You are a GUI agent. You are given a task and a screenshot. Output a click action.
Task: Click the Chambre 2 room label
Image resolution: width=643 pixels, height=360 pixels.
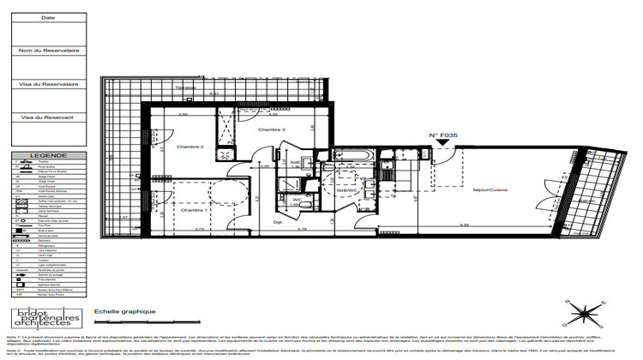point(189,147)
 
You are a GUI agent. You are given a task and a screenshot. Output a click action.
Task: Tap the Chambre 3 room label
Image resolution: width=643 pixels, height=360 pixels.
point(272,129)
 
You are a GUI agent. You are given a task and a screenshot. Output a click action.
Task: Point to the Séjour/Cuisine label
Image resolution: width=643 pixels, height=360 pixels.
point(490,190)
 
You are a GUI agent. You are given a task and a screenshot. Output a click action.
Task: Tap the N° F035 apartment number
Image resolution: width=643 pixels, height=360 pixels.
point(444,135)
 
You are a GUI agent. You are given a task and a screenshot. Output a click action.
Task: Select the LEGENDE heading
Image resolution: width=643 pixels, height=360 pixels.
point(47,156)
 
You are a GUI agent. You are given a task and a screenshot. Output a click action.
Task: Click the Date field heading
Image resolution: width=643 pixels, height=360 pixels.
point(48,17)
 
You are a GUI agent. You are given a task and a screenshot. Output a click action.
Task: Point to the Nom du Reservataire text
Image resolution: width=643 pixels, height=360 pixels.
point(48,51)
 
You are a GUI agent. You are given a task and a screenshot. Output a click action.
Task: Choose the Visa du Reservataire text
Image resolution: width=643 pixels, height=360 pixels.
point(48,84)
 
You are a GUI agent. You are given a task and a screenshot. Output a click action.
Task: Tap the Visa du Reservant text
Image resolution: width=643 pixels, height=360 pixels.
point(48,117)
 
